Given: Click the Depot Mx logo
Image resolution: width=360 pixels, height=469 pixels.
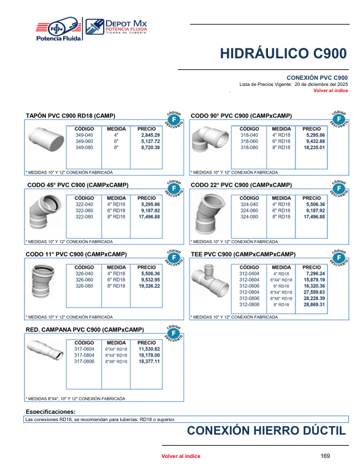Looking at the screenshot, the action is coord(116,27).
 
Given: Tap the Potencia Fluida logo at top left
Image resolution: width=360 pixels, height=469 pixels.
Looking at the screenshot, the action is coord(58,29).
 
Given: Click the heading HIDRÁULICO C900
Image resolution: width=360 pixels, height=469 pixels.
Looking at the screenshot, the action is coord(283,53).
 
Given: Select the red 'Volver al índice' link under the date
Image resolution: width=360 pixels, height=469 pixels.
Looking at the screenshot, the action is coord(331,90).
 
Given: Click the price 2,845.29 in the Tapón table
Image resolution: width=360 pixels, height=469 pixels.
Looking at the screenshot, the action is coord(151,135).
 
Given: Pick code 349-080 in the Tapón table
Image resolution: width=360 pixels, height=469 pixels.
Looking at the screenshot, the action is coord(84,147).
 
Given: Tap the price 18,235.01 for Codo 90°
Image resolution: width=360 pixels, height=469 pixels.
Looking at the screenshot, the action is coord(314,147).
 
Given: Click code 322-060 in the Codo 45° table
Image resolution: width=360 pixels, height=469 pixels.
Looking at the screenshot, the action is coord(84,211).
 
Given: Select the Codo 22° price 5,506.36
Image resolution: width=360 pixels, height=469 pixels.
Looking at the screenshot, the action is coord(315,204).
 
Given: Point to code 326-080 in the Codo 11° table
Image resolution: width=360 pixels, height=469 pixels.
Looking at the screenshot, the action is coord(84,286).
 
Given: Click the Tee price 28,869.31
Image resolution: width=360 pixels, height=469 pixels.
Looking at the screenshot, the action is coord(314,304).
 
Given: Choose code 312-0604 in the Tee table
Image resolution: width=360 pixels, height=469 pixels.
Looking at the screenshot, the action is coord(249,280).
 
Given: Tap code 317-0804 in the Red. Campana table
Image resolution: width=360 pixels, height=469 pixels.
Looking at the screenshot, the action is coord(84,355).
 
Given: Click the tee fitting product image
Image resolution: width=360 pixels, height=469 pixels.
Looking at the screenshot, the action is coord(210,281).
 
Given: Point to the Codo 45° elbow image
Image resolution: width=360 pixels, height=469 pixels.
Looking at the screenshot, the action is coord(45,212).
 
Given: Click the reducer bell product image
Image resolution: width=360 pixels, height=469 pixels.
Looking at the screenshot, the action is coord(45,349).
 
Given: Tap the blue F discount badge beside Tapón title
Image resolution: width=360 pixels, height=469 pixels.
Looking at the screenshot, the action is coord(174,120).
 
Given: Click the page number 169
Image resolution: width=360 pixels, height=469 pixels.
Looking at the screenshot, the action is coord(325,456).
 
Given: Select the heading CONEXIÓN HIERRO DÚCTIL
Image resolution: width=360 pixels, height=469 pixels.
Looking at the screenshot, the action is coord(267,430).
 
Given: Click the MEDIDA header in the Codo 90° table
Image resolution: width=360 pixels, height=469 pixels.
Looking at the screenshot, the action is coord(281,129).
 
